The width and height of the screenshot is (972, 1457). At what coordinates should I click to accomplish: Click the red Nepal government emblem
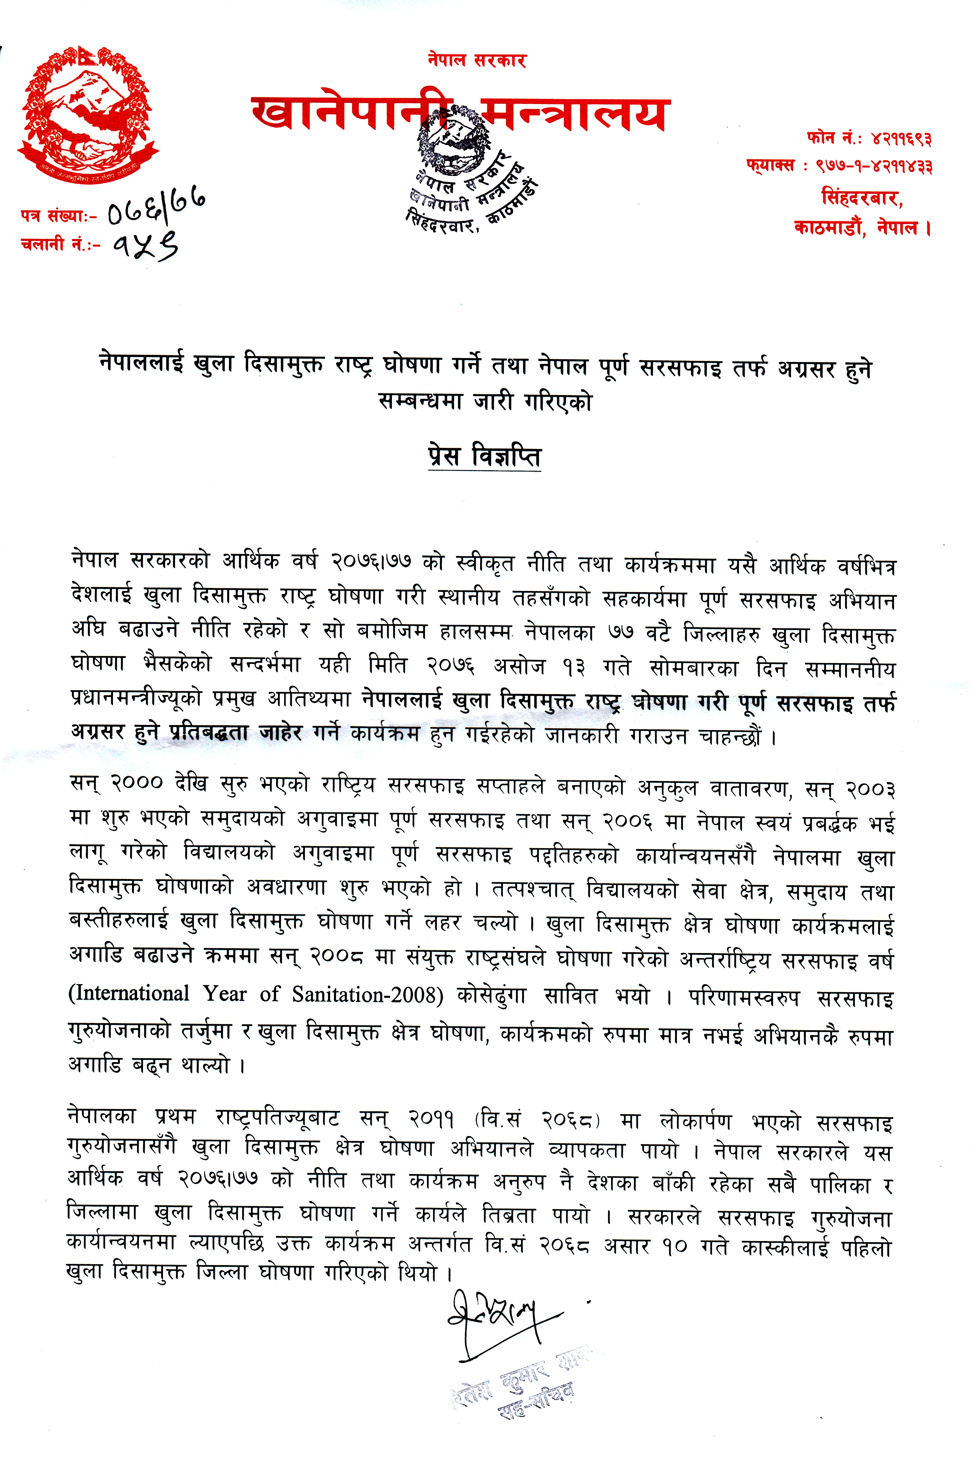[x=87, y=115]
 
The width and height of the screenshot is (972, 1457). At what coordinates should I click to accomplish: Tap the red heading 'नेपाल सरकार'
[x=477, y=61]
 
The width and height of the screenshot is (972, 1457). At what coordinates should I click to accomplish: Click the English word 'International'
[x=129, y=993]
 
